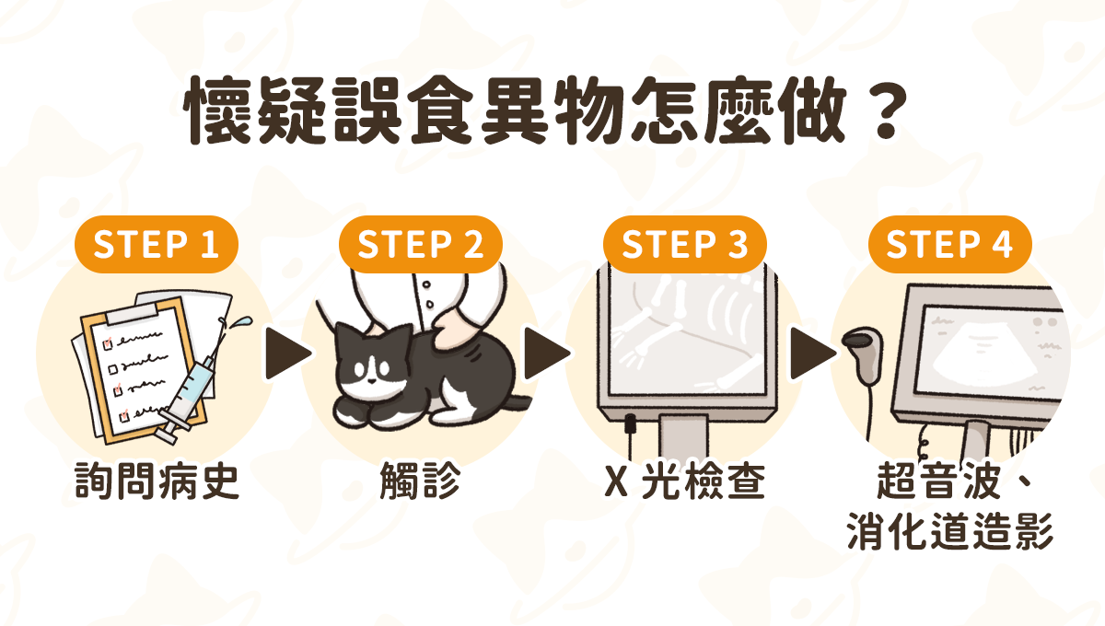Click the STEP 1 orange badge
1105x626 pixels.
click(157, 244)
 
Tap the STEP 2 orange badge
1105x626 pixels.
click(420, 244)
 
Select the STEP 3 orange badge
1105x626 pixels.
click(685, 244)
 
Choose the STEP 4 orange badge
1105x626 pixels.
click(949, 244)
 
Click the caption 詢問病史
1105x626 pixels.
click(157, 481)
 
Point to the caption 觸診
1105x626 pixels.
click(420, 481)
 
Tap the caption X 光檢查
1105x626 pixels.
click(685, 481)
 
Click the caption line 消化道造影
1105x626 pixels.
click(950, 532)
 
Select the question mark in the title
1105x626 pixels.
click(885, 111)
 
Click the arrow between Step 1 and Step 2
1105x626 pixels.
click(287, 354)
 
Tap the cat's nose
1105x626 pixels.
click(370, 380)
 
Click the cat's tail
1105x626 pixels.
click(517, 403)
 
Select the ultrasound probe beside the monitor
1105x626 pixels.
click(865, 355)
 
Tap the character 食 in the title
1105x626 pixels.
click(441, 110)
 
